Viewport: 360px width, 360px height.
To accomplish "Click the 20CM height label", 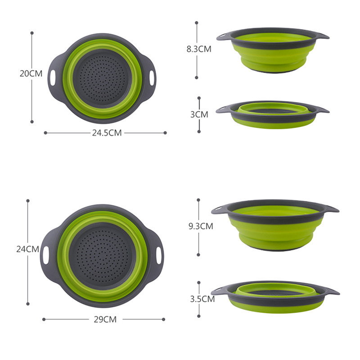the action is pyautogui.click(x=31, y=73).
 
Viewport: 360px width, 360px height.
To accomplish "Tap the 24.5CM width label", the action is pyautogui.click(x=107, y=133).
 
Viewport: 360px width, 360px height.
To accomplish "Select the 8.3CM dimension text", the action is pyautogui.click(x=199, y=49).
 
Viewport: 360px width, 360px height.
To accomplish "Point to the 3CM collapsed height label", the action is pyautogui.click(x=199, y=114).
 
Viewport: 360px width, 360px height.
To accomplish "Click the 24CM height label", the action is pyautogui.click(x=28, y=249).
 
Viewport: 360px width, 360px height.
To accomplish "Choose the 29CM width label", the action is pyautogui.click(x=105, y=319).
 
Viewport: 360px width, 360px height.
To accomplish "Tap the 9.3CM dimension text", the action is pyautogui.click(x=201, y=226).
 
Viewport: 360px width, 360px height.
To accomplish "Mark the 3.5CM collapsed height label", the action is pyautogui.click(x=202, y=299).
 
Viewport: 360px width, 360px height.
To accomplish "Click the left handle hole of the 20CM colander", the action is pyautogui.click(x=53, y=78).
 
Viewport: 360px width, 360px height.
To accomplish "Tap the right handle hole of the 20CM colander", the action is pyautogui.click(x=152, y=78).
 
